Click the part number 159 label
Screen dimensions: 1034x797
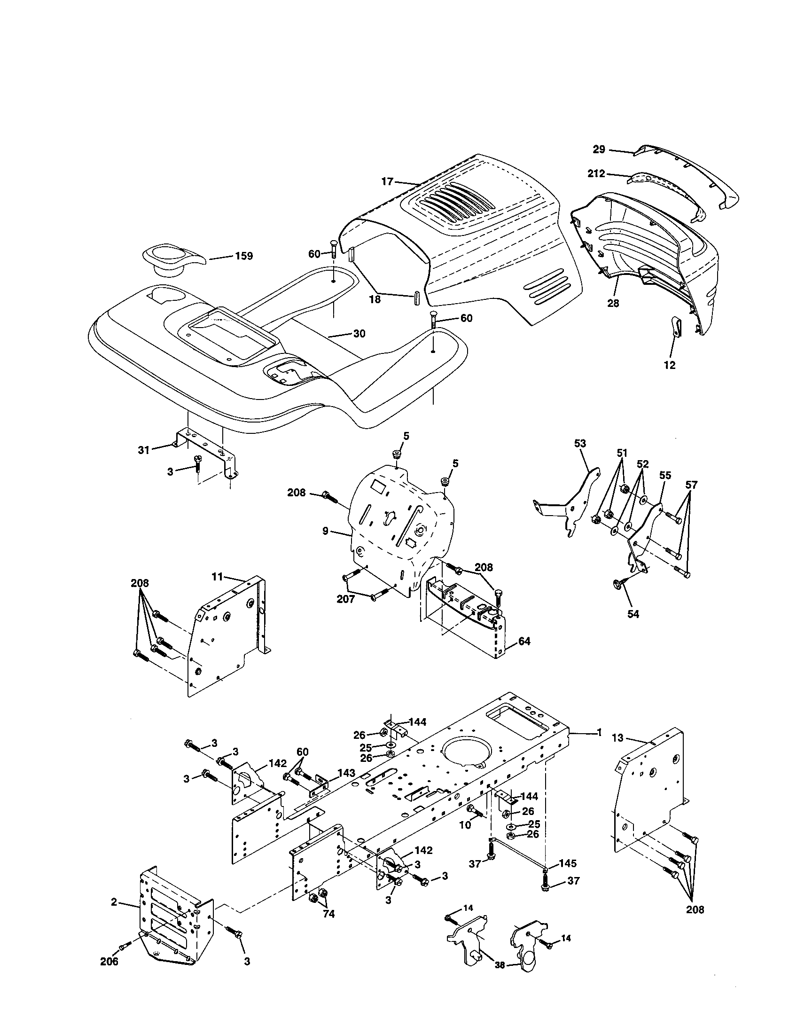click(x=244, y=256)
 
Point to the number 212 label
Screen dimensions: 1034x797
click(x=596, y=174)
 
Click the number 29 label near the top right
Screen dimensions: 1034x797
click(x=599, y=149)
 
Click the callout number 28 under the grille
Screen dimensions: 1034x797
click(x=613, y=304)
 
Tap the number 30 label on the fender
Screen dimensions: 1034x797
click(x=359, y=334)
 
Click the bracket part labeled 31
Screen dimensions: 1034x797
click(x=203, y=445)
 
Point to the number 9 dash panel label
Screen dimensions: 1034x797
click(x=326, y=531)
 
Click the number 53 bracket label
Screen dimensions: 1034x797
click(x=580, y=444)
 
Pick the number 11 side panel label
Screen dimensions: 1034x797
click(x=217, y=577)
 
